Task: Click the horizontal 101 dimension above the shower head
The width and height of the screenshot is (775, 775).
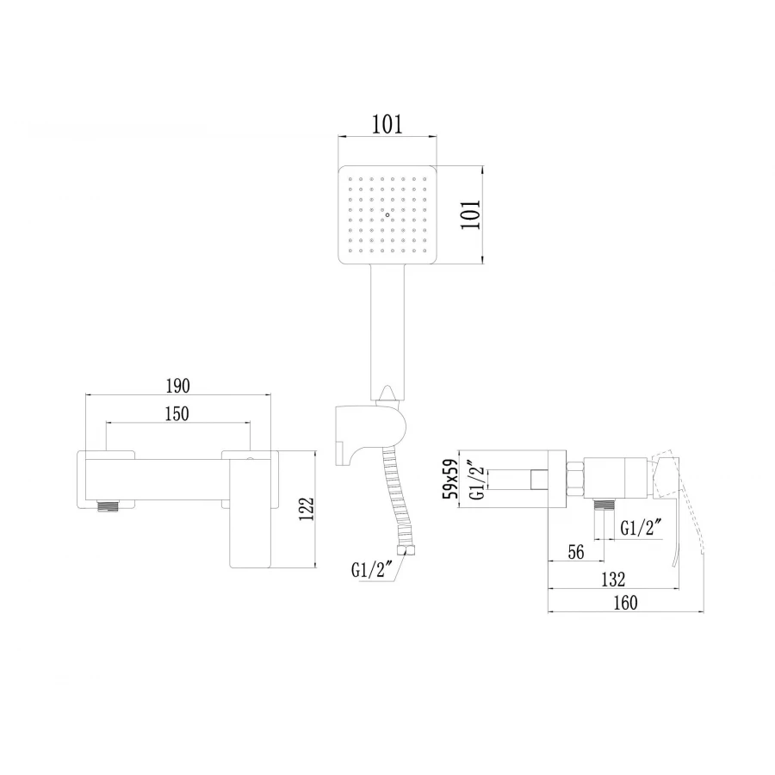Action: click(387, 124)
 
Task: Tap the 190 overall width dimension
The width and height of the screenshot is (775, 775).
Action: click(178, 385)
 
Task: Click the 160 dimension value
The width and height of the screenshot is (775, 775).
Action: click(625, 603)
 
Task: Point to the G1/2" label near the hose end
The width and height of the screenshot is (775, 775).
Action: click(371, 570)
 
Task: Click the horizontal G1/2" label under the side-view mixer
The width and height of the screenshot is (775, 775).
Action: click(642, 527)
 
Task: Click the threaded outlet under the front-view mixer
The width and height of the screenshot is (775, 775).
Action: click(108, 507)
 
